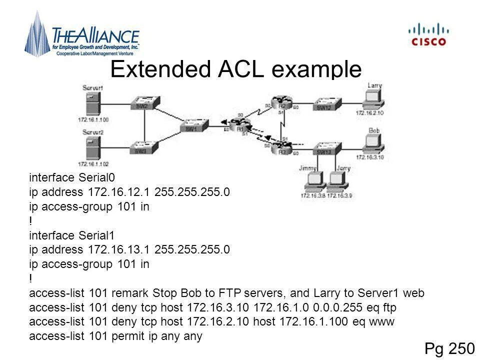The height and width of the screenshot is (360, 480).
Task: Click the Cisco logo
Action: point(428,34)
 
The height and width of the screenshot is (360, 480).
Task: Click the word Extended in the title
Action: point(161,69)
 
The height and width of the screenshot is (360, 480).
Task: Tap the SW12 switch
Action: point(325,104)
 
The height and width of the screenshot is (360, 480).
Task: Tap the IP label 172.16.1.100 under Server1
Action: point(93,119)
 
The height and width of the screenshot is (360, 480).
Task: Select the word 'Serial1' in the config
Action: point(97,235)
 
